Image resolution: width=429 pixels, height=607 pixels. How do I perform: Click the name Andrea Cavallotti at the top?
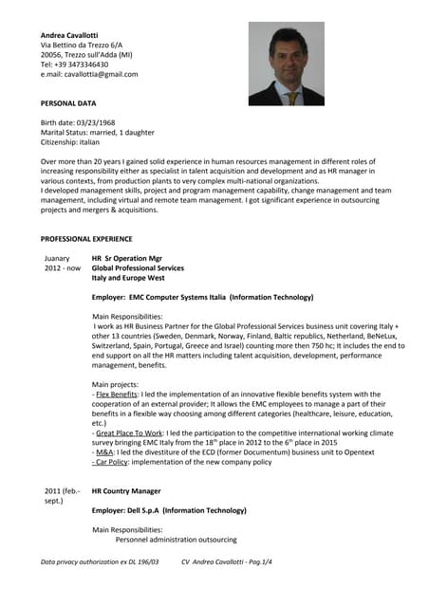pos(74,35)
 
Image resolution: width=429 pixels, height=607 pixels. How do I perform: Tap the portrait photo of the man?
pos(286,64)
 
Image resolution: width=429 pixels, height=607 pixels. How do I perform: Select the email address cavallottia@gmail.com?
pos(102,74)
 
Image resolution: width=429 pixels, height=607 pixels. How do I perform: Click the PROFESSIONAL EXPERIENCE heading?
pos(86,238)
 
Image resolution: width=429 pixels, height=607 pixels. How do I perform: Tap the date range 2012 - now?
pos(63,268)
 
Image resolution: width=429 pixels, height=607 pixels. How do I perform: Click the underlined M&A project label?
pos(105,452)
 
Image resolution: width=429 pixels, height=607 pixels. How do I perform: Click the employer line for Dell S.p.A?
pos(169,510)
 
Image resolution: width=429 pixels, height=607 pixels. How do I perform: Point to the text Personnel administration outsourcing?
pos(176,540)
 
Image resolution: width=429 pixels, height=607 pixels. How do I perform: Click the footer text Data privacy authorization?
pos(100,562)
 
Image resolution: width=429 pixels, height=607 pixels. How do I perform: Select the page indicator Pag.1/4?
pos(256,562)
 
